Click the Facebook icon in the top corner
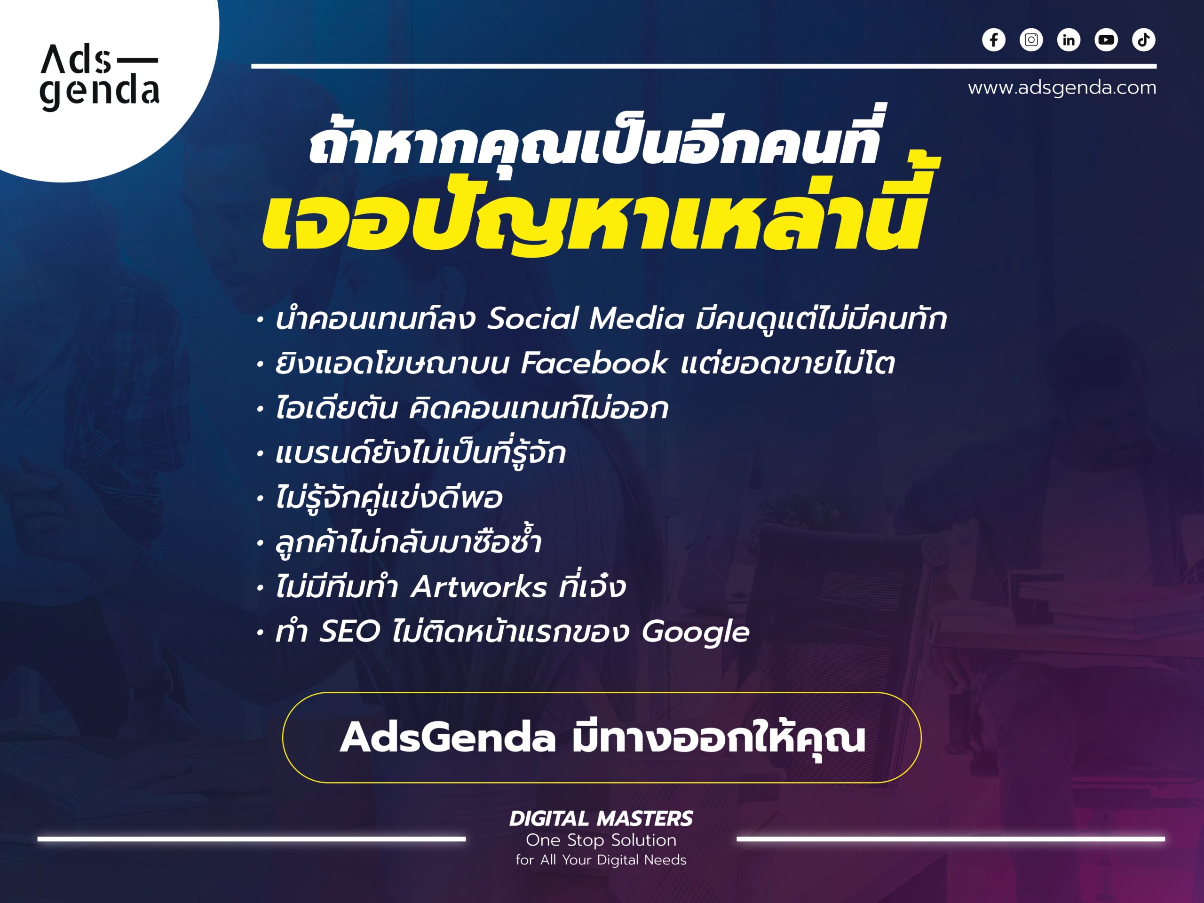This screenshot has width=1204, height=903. coord(993,40)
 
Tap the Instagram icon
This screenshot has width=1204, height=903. coord(1031,40)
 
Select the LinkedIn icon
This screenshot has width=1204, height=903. coord(1069,40)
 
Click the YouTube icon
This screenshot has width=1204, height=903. coord(1106,40)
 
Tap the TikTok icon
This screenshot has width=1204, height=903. coord(1144,40)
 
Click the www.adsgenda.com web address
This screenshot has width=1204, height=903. coord(1062,87)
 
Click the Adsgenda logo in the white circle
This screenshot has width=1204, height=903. coord(100,77)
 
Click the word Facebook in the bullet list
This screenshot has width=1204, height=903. coord(594,363)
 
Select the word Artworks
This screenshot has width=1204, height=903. coord(479,587)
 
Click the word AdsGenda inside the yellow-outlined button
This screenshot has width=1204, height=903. coord(447,738)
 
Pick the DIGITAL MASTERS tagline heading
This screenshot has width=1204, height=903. coord(601,819)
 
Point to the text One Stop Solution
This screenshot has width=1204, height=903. coord(601,840)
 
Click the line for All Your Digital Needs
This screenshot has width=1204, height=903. coord(601,861)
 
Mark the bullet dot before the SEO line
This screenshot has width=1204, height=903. coord(261,633)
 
